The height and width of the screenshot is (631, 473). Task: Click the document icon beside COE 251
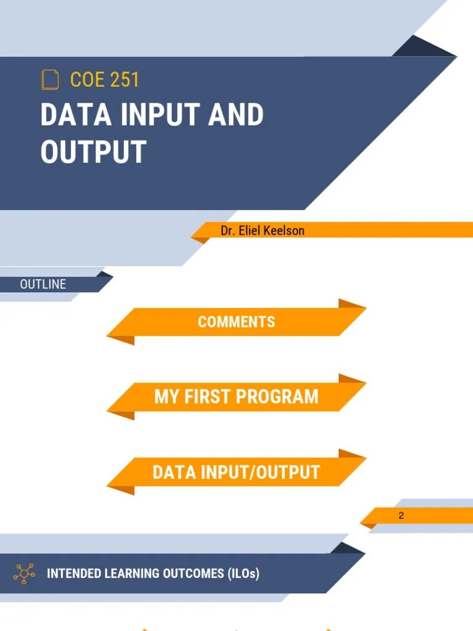50,80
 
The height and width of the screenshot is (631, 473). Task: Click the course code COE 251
105,80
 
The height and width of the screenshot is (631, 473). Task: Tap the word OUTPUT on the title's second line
93,152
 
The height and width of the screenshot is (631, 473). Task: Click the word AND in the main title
236,115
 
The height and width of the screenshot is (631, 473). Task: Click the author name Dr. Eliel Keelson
262,230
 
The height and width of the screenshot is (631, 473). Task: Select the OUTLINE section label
43,284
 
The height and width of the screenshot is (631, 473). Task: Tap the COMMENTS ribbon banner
236,322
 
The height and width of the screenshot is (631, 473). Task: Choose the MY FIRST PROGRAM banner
236,396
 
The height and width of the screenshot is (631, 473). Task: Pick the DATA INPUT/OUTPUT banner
236,473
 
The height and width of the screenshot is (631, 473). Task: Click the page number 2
401,515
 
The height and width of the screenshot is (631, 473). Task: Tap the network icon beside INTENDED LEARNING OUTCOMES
24,573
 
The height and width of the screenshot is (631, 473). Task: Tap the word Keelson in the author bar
285,230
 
